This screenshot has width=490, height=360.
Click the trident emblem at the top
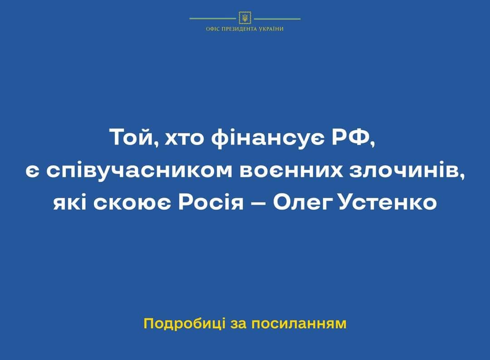pos(245,18)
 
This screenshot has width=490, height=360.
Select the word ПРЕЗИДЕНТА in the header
pos(239,29)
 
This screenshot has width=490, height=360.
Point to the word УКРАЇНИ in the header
pos(271,29)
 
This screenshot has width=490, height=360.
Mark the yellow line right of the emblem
pos(277,19)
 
